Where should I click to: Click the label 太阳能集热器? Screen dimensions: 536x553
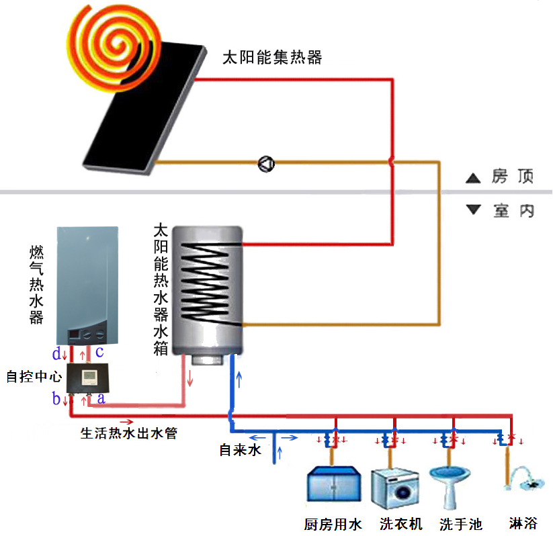pyautogui.click(x=272, y=58)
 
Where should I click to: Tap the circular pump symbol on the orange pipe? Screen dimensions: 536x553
pyautogui.click(x=267, y=163)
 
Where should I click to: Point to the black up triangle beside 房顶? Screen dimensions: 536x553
pyautogui.click(x=474, y=179)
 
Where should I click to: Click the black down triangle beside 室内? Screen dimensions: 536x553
pyautogui.click(x=474, y=210)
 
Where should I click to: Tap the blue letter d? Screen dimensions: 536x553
pyautogui.click(x=57, y=353)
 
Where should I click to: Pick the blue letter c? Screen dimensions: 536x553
pyautogui.click(x=99, y=352)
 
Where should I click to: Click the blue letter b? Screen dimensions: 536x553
pyautogui.click(x=56, y=399)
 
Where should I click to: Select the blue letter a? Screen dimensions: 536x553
pyautogui.click(x=101, y=398)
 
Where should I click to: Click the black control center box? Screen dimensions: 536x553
pyautogui.click(x=87, y=377)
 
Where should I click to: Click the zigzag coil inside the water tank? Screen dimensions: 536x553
pyautogui.click(x=208, y=282)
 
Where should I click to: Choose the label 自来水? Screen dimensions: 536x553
pyautogui.click(x=240, y=450)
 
